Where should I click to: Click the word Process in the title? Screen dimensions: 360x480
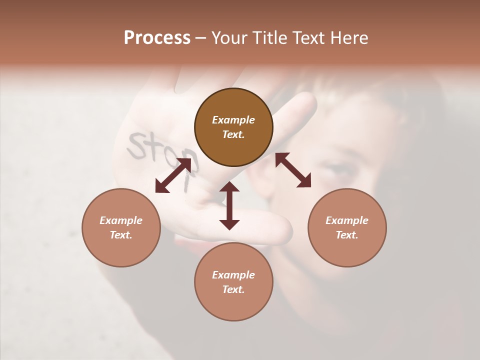pyautogui.click(x=157, y=38)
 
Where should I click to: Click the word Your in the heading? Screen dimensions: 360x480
pyautogui.click(x=229, y=38)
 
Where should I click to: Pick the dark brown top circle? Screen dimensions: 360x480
pyautogui.click(x=233, y=127)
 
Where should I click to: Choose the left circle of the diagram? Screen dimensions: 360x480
pyautogui.click(x=121, y=227)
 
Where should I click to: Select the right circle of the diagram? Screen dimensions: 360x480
pyautogui.click(x=347, y=227)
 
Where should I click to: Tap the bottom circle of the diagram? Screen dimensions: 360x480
pyautogui.click(x=233, y=282)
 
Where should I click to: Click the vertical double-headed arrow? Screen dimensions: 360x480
pyautogui.click(x=229, y=205)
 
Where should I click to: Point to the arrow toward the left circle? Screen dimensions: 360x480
pyautogui.click(x=173, y=175)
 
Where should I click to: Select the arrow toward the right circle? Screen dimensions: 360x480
pyautogui.click(x=293, y=170)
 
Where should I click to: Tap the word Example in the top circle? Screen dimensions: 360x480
pyautogui.click(x=233, y=120)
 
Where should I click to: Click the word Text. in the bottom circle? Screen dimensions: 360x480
pyautogui.click(x=233, y=289)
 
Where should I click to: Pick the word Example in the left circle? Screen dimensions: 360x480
pyautogui.click(x=121, y=220)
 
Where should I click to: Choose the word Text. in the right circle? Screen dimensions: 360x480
pyautogui.click(x=347, y=235)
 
